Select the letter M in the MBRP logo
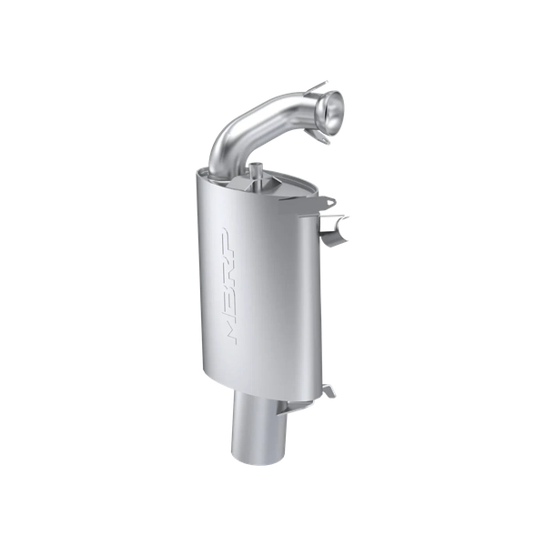[x=231, y=331]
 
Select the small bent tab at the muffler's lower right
[x=329, y=390]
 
